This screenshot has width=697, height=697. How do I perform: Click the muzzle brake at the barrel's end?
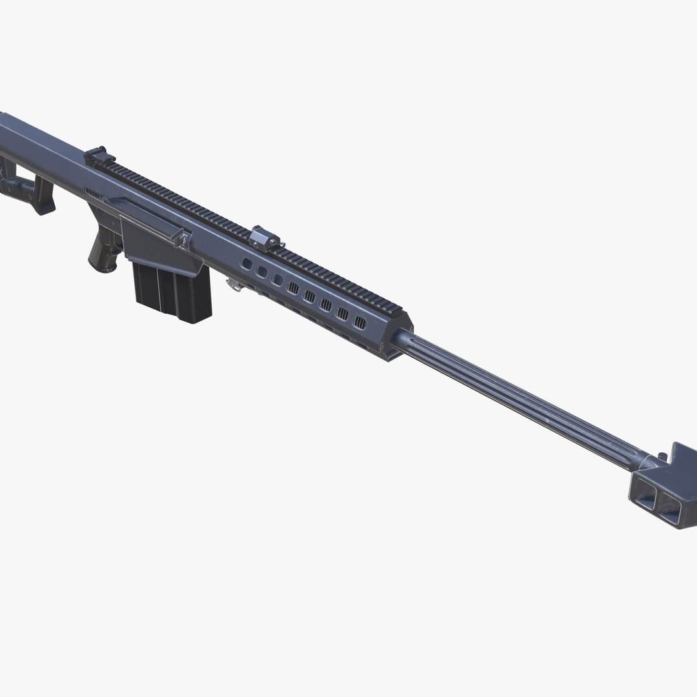pyautogui.click(x=665, y=487)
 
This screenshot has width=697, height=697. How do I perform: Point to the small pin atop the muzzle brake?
pyautogui.click(x=662, y=457)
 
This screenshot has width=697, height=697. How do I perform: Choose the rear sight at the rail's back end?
pyautogui.click(x=99, y=155)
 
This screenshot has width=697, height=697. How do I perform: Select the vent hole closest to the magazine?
pyautogui.click(x=247, y=263)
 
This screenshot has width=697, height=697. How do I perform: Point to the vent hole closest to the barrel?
pyautogui.click(x=360, y=323)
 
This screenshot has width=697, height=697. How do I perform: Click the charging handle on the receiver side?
pyautogui.click(x=181, y=239)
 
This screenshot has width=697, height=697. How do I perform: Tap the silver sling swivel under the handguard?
pyautogui.click(x=234, y=284)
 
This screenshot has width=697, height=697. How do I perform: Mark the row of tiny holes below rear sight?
pyautogui.click(x=94, y=192)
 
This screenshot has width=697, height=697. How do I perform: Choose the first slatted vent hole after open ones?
pyautogui.click(x=294, y=288)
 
